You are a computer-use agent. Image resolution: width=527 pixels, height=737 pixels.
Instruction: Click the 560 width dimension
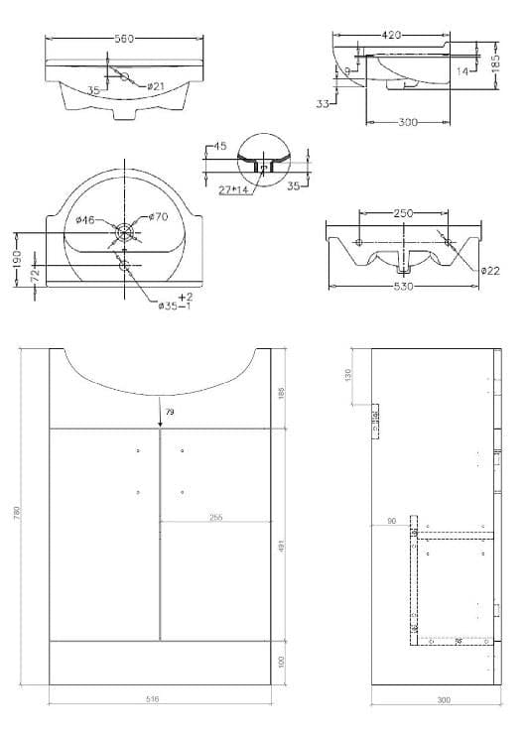123,39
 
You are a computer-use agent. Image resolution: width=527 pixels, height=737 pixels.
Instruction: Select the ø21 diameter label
156,87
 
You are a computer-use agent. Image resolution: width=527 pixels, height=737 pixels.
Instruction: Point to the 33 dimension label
323,102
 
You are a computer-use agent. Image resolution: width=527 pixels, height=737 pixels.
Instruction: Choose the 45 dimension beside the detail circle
219,147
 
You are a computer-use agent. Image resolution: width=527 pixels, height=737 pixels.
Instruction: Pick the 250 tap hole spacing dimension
403,213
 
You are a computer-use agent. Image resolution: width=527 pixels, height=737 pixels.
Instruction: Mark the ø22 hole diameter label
489,270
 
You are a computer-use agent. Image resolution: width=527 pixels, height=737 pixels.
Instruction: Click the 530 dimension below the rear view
402,287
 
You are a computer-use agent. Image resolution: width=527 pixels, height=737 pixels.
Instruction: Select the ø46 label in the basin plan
86,220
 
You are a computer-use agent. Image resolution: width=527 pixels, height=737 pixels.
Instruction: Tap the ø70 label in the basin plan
159,217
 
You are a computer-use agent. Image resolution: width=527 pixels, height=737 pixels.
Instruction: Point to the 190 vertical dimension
17,257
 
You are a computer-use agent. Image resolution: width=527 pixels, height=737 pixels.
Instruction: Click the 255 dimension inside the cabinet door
215,516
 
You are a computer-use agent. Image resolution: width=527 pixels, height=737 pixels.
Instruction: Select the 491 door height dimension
282,546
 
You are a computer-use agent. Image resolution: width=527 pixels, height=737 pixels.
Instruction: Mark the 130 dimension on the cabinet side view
350,376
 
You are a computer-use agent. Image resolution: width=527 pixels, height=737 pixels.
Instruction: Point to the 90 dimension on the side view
393,521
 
